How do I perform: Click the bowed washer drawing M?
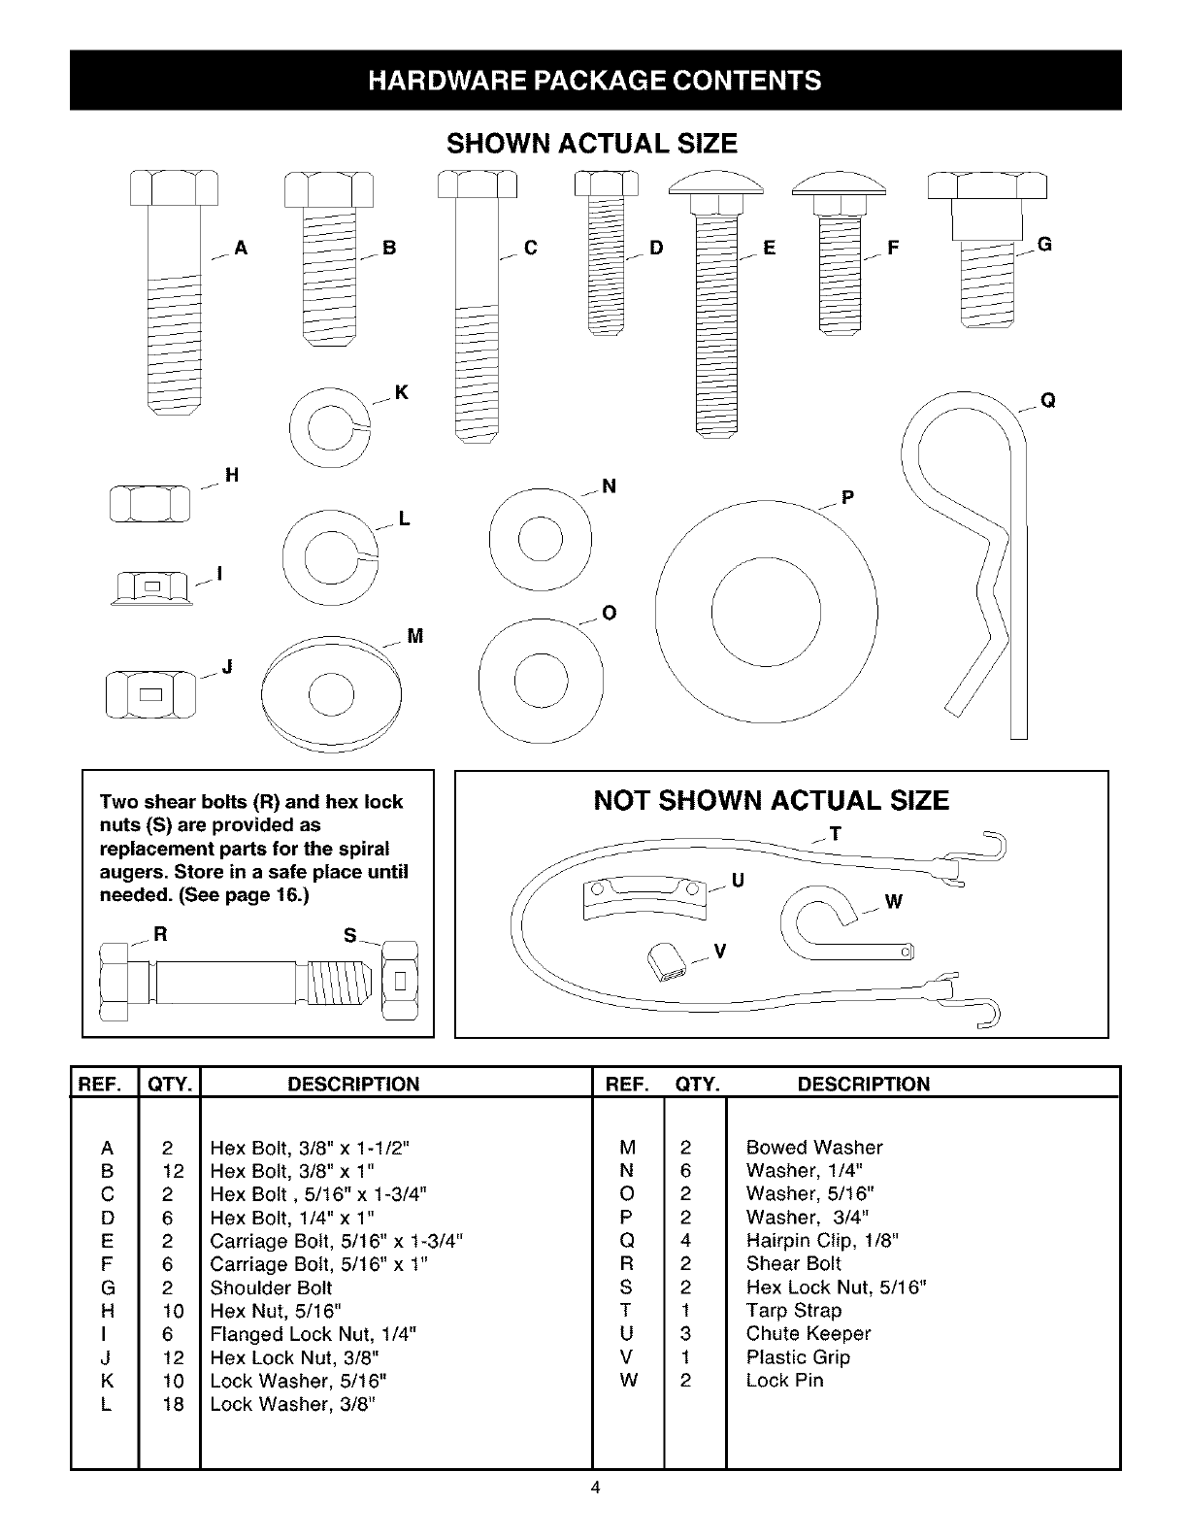point(329,693)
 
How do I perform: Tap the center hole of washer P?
point(766,612)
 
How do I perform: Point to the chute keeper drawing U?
point(643,898)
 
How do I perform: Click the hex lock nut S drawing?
point(400,982)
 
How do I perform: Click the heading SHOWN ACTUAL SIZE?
point(592,144)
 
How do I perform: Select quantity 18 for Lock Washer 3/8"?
point(173,1404)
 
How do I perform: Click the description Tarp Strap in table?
point(793,1311)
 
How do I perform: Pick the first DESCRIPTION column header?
point(354,1085)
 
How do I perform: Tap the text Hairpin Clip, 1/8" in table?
point(822,1240)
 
